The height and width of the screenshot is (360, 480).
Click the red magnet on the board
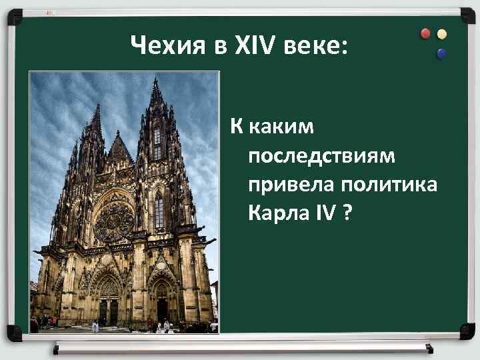point(426,33)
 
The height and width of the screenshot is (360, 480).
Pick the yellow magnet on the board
point(442,34)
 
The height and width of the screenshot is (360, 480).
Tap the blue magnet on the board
point(441,53)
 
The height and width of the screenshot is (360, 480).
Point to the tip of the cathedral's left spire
point(97,107)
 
